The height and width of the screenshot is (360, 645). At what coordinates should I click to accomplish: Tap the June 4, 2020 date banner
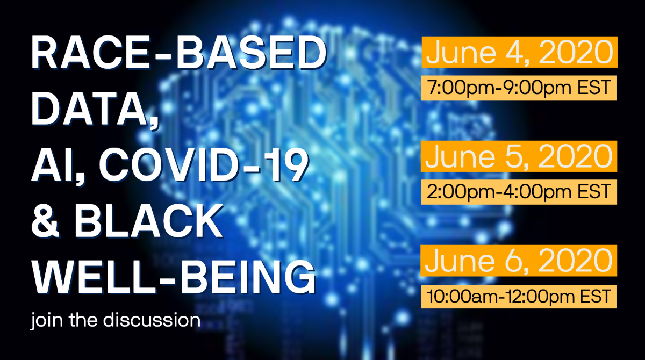(x=519, y=52)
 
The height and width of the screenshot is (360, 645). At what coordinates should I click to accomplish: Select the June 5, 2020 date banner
(x=519, y=156)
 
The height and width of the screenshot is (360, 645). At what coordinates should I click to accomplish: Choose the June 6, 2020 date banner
(x=519, y=261)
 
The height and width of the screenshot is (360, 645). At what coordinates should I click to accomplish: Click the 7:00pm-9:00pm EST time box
(x=519, y=88)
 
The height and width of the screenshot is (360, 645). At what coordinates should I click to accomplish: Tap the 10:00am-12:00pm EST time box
(x=519, y=296)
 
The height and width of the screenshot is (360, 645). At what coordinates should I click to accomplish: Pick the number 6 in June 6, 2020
(x=516, y=261)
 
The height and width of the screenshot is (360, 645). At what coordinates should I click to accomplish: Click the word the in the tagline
(x=78, y=321)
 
